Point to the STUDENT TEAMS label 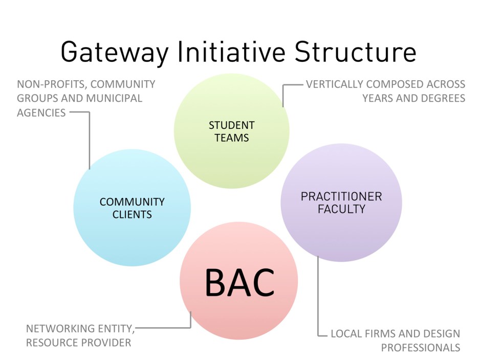pyautogui.click(x=231, y=131)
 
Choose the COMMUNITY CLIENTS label pyautogui.click(x=132, y=208)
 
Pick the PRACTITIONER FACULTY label pyautogui.click(x=341, y=202)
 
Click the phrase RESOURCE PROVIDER pyautogui.click(x=78, y=343)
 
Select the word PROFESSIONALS pyautogui.click(x=421, y=348)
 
